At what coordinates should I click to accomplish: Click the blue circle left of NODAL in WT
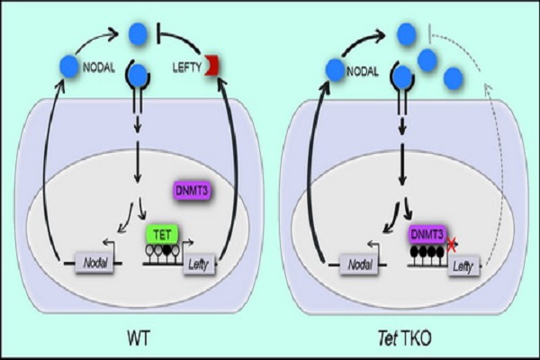click(x=68, y=66)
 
